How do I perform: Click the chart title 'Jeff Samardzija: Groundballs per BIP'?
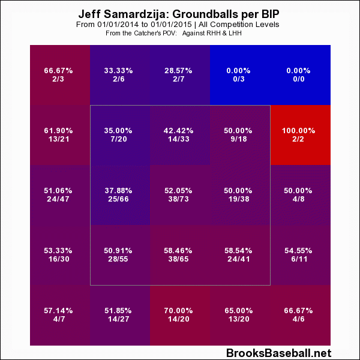[x=179, y=13]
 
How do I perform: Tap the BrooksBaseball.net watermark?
[x=278, y=353]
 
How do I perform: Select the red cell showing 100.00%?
[x=300, y=135]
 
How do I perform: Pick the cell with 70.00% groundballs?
[x=180, y=315]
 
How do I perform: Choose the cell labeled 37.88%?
[x=120, y=195]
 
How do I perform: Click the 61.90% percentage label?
[x=59, y=130]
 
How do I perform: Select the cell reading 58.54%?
[x=240, y=255]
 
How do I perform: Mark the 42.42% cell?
[x=180, y=135]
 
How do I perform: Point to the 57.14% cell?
[x=59, y=315]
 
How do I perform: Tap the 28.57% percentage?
[x=180, y=70]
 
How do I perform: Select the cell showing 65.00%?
[x=240, y=315]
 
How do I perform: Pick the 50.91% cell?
[x=120, y=255]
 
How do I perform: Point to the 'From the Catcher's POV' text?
[x=140, y=33]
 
